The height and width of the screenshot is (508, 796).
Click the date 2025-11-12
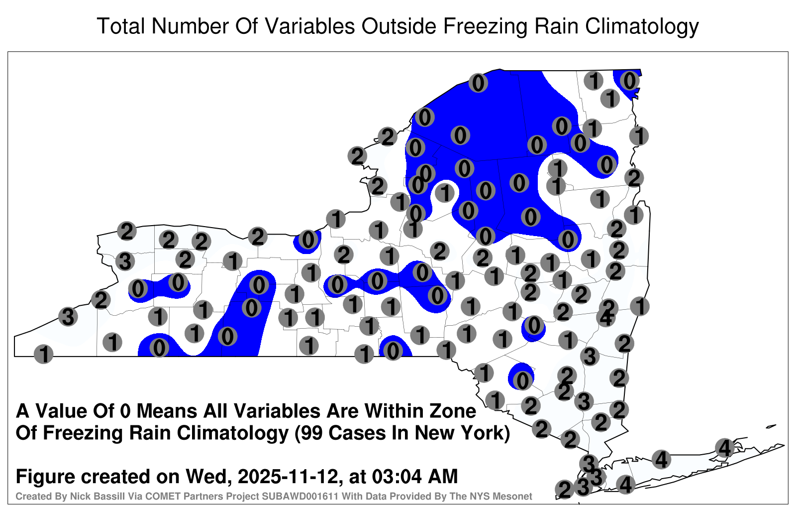[x=288, y=477]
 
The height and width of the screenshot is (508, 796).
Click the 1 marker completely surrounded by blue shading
[x=445, y=193]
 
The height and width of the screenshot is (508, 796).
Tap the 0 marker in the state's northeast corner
[x=629, y=81]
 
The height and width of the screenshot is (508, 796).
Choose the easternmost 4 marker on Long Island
[x=724, y=448]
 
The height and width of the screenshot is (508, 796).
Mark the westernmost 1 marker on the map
[x=43, y=354]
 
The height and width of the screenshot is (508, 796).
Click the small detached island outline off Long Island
[x=772, y=426]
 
